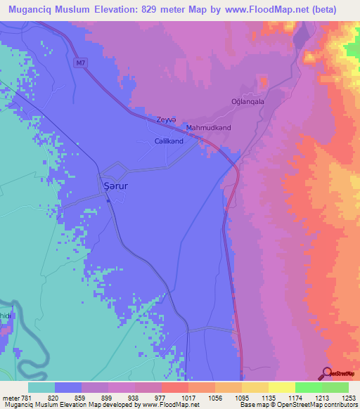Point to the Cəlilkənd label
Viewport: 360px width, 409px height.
tap(169, 141)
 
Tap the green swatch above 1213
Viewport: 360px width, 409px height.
tap(308, 387)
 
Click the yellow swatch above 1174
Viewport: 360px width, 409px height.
tap(281, 387)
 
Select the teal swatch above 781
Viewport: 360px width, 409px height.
tap(41, 387)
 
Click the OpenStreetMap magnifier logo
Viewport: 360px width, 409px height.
tap(327, 372)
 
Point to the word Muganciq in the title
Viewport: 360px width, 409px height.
tap(28, 9)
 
